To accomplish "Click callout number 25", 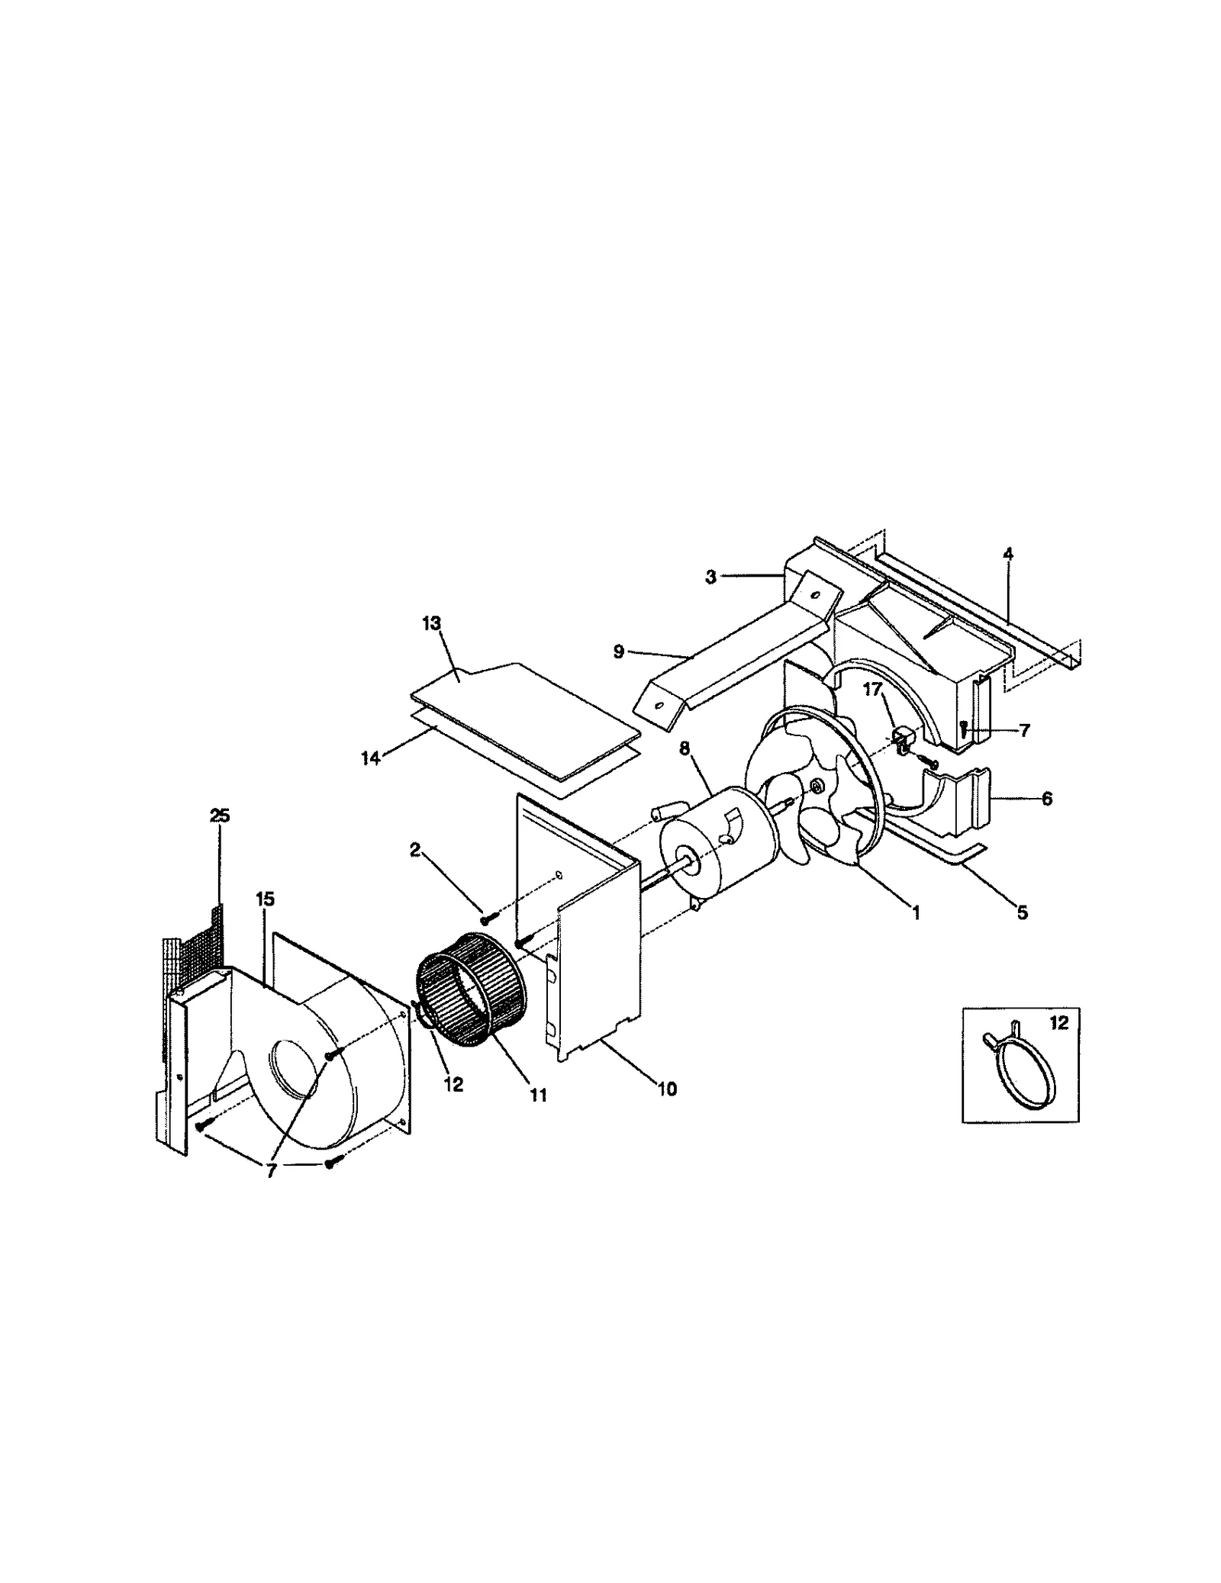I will pos(219,816).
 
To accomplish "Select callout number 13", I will pos(431,623).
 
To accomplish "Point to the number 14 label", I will pos(370,760).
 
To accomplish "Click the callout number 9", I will pos(618,652).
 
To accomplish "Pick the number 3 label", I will pos(710,577).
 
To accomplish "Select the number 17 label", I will pos(872,690).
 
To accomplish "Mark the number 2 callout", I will pos(415,850).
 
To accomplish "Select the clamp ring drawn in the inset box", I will pos(1017,1071).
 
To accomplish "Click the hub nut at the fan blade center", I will pos(816,785).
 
